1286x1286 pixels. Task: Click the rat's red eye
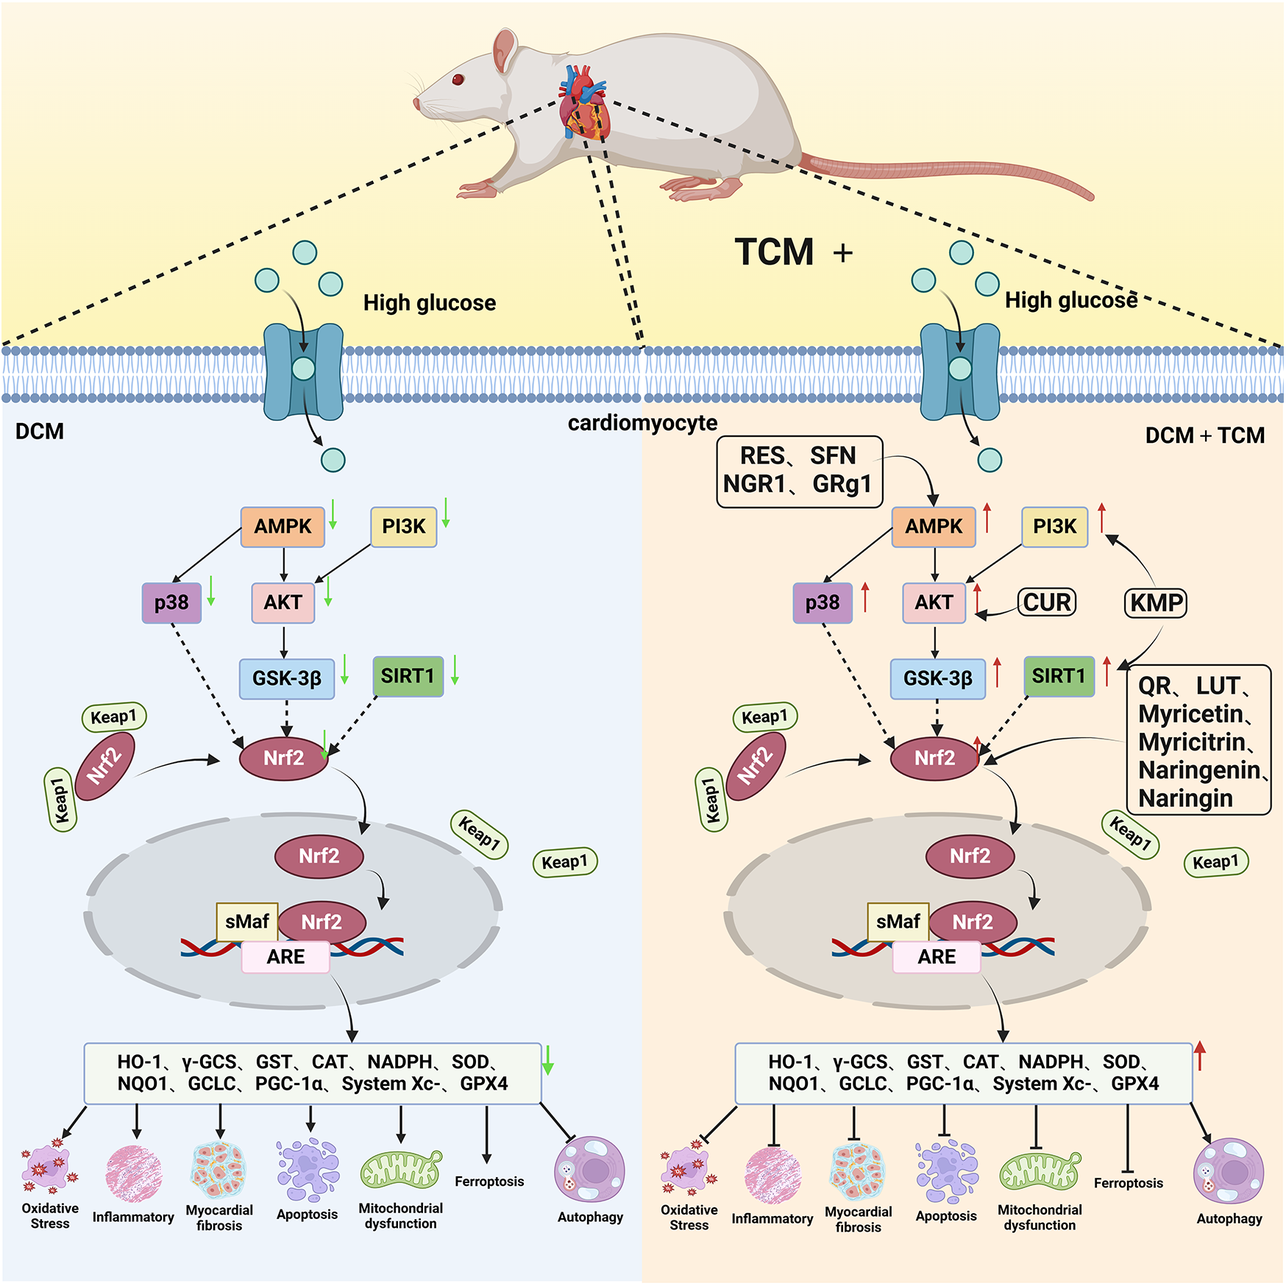point(458,79)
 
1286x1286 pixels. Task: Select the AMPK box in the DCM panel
point(283,527)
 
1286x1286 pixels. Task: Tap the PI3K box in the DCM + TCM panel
point(1054,527)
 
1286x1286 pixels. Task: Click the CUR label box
point(1047,603)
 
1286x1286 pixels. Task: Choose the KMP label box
point(1156,603)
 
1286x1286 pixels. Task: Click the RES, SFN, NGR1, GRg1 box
point(799,471)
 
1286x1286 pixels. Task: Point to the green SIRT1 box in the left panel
point(408,676)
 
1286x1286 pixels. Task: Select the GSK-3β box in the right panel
point(937,678)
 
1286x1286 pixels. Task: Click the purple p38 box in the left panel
point(171,603)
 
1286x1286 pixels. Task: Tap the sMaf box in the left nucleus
point(247,922)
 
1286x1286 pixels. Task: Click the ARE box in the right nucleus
point(936,957)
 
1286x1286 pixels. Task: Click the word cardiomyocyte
point(642,423)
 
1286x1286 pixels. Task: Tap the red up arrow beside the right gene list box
point(1200,1056)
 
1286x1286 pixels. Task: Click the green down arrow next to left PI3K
point(446,513)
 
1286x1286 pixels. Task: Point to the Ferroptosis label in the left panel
point(489,1182)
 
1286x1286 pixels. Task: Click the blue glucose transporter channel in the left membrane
point(303,372)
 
